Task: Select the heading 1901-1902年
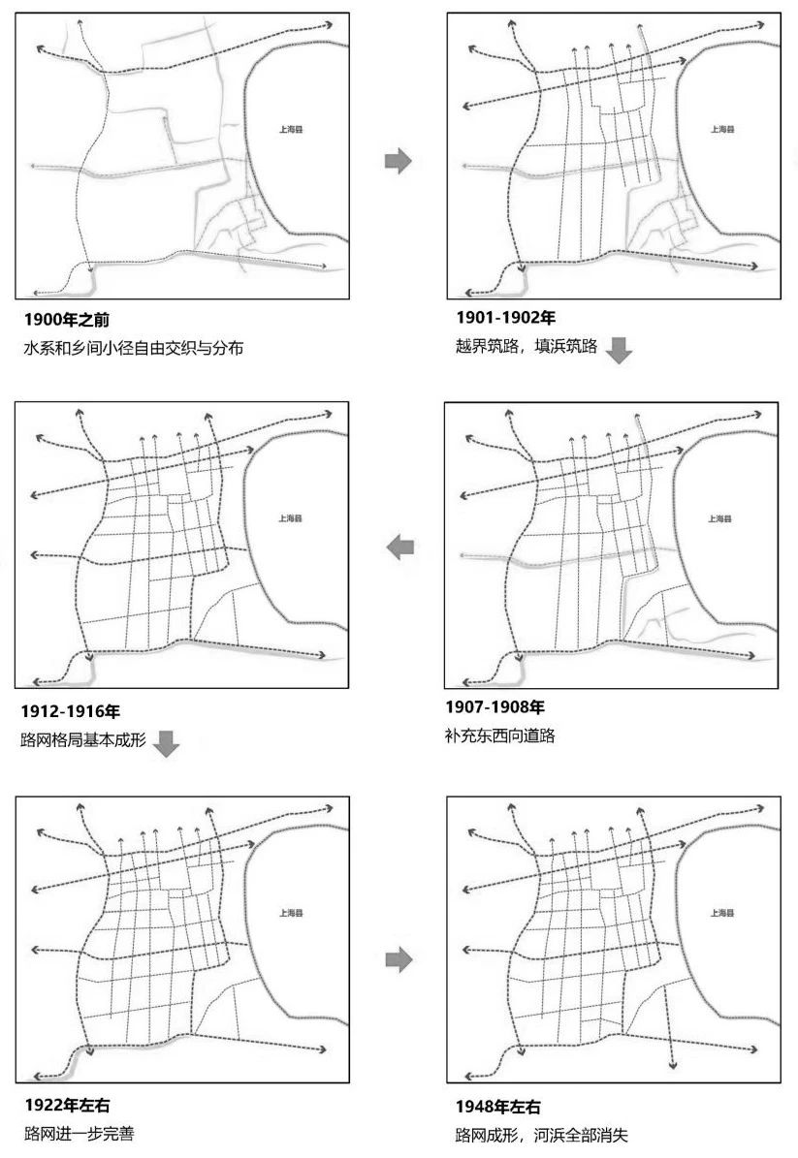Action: click(505, 318)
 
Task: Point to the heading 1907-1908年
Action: click(495, 706)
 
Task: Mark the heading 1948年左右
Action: click(498, 1107)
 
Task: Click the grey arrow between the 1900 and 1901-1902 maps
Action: click(399, 161)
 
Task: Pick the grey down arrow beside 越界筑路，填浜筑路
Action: click(618, 350)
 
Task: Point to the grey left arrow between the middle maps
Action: click(399, 548)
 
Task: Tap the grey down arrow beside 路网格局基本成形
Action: click(167, 743)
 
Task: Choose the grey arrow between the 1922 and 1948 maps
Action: click(399, 959)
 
